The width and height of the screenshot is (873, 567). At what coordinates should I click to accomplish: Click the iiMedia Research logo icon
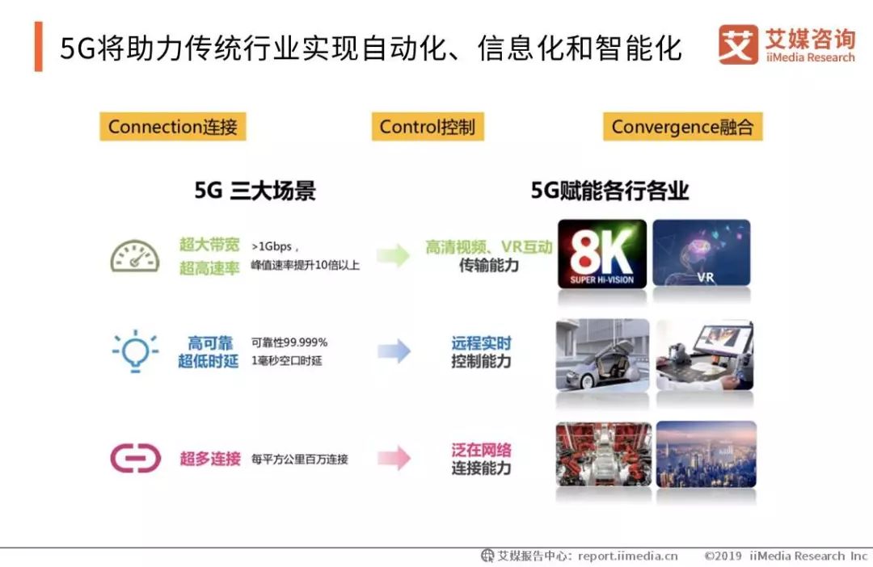pyautogui.click(x=738, y=44)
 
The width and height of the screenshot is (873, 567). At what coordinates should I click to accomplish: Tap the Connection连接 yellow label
pyautogui.click(x=173, y=126)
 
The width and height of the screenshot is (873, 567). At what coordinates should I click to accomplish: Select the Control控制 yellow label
pyautogui.click(x=428, y=126)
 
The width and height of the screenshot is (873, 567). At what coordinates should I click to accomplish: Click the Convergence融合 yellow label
pyautogui.click(x=682, y=126)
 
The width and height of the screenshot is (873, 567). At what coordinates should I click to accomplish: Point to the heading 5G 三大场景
pyautogui.click(x=255, y=191)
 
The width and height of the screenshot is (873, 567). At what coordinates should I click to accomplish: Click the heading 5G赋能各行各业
pyautogui.click(x=609, y=191)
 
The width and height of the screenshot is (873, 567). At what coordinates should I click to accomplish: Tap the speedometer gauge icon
pyautogui.click(x=135, y=256)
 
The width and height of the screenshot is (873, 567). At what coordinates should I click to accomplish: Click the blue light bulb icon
pyautogui.click(x=135, y=351)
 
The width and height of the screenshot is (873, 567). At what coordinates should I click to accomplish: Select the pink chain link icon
pyautogui.click(x=135, y=458)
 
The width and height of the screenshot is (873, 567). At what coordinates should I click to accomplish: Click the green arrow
pyautogui.click(x=394, y=255)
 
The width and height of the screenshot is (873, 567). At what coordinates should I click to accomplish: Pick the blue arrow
pyautogui.click(x=394, y=351)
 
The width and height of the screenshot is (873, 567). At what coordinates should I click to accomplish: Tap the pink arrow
pyautogui.click(x=394, y=458)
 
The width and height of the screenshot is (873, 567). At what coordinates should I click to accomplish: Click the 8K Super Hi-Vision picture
pyautogui.click(x=602, y=254)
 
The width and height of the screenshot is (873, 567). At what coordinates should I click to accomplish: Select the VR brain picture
pyautogui.click(x=702, y=253)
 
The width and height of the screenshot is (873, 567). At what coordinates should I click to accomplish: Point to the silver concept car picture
pyautogui.click(x=602, y=355)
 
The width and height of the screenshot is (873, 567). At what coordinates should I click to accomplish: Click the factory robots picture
pyautogui.click(x=604, y=454)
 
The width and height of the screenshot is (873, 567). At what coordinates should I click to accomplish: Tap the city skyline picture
pyautogui.click(x=706, y=454)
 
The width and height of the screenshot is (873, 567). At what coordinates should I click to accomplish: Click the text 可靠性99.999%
pyautogui.click(x=289, y=342)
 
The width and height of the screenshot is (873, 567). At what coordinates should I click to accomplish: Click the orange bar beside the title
pyautogui.click(x=39, y=46)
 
